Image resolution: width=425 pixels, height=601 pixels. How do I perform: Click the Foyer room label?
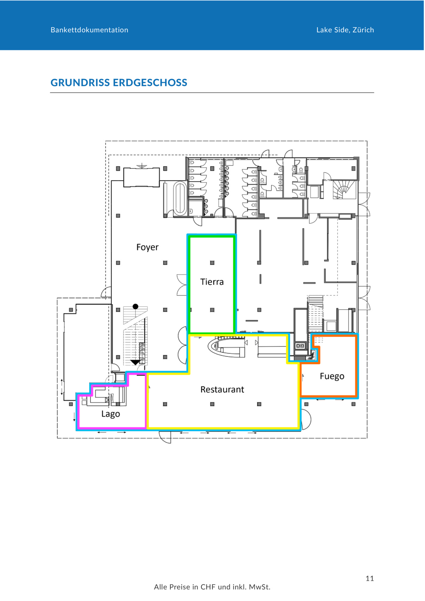point(147,247)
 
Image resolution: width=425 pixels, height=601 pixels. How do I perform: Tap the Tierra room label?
point(212,282)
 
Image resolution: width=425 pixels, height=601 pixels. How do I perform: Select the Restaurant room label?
point(222,390)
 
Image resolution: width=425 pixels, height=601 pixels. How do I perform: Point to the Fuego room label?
point(332,376)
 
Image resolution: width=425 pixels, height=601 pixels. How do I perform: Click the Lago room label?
point(111,414)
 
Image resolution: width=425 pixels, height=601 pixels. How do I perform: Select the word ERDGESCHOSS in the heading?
point(150,83)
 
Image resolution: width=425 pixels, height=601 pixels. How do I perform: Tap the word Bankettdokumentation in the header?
point(89,30)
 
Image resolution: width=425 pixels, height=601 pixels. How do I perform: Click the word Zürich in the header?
point(363,30)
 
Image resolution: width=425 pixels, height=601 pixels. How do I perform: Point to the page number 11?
point(370,578)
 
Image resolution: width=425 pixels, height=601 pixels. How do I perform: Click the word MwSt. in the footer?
point(259,587)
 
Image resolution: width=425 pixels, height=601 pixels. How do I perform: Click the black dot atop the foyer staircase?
point(136,306)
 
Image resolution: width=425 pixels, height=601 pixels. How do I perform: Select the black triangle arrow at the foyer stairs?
point(136,362)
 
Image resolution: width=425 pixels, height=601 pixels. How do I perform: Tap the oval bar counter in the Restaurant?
point(226,348)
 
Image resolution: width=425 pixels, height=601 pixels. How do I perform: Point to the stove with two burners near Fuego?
point(300,346)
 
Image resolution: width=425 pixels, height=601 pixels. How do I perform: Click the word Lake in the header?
point(324,30)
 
